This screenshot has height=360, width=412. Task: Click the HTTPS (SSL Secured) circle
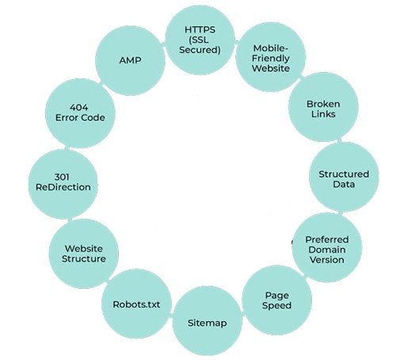pos(200,40)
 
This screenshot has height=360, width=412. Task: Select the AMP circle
pos(130,60)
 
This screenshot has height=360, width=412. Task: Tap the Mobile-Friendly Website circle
pos(270,57)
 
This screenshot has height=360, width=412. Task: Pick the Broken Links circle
pos(323,107)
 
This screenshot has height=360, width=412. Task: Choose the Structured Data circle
pos(344,177)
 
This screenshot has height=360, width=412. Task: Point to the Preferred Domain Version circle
pos(327,247)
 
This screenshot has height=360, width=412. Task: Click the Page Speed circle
pos(277,301)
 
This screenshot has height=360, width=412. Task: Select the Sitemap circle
pos(208,321)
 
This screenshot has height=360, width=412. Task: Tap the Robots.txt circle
pos(136,304)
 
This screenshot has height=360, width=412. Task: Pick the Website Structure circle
pos(84,254)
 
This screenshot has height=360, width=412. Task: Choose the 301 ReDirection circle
pos(63,184)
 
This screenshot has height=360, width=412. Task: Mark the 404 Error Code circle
pos(80,113)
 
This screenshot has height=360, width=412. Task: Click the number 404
pos(79,107)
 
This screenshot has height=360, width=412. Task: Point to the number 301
pos(62,177)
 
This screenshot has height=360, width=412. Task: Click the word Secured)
pos(200,50)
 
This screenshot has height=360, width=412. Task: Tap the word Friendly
pos(271,59)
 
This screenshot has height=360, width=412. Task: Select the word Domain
pos(327,250)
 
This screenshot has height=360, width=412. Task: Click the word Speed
pos(277,306)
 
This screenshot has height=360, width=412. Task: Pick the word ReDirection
pos(63,187)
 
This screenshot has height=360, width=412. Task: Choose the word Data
pos(344,184)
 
